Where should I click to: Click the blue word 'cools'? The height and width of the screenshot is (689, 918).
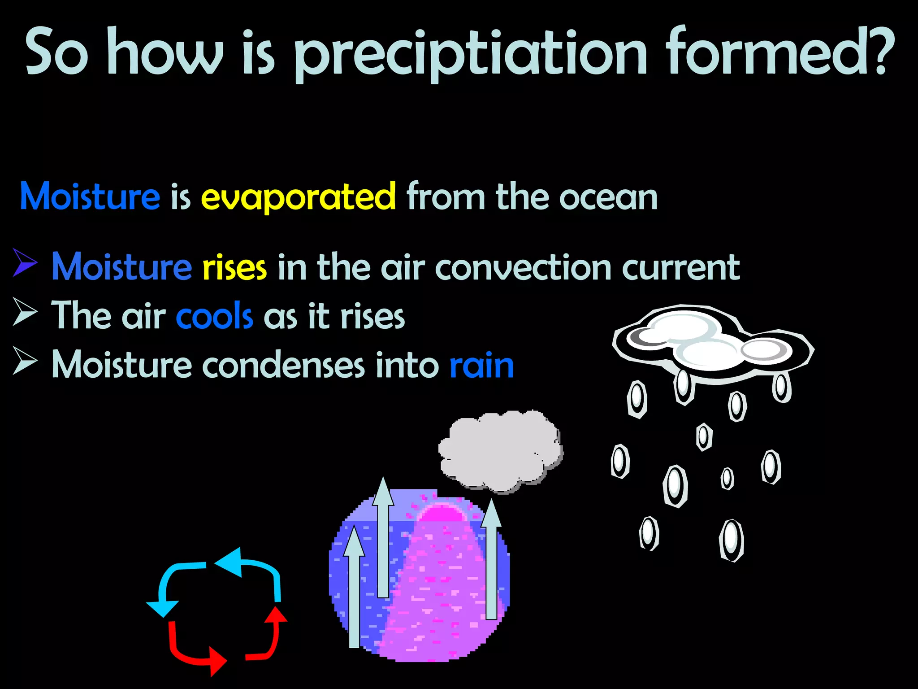(214, 316)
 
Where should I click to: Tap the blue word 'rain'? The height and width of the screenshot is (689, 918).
(481, 366)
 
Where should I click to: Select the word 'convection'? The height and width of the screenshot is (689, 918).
(523, 268)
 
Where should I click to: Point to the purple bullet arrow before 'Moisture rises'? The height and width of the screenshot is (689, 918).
(25, 262)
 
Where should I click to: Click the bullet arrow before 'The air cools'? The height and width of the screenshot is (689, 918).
(25, 311)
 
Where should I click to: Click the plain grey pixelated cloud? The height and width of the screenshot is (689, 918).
(500, 451)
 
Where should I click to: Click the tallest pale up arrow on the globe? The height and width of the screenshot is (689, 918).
(383, 538)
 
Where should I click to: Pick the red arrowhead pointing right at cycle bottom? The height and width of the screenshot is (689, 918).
(217, 661)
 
